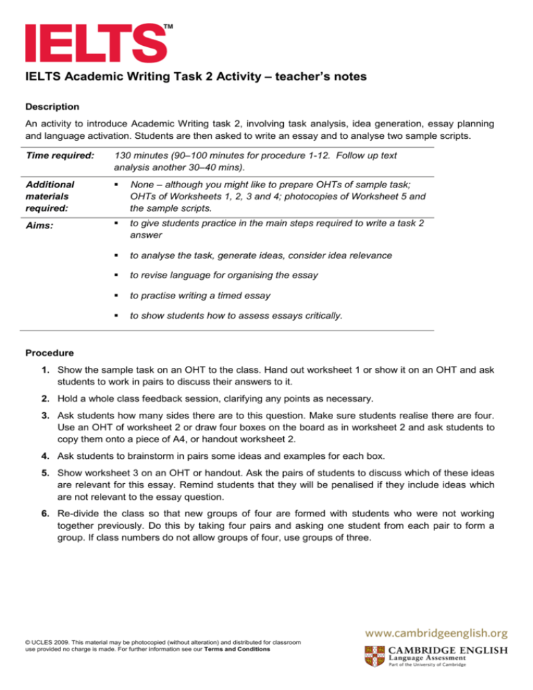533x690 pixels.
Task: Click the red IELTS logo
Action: pos(95,42)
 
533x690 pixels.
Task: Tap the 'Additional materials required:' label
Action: pos(50,196)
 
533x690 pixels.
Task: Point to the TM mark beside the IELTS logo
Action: pos(168,26)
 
